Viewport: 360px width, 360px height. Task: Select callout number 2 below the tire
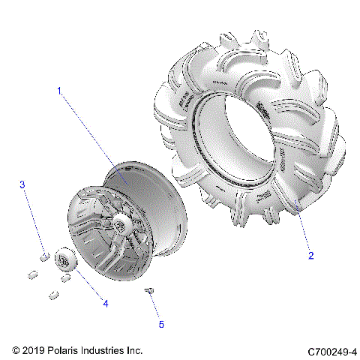click(310, 255)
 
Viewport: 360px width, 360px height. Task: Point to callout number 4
click(105, 304)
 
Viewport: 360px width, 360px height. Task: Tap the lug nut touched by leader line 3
click(43, 258)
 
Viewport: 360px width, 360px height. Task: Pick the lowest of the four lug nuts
click(53, 294)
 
